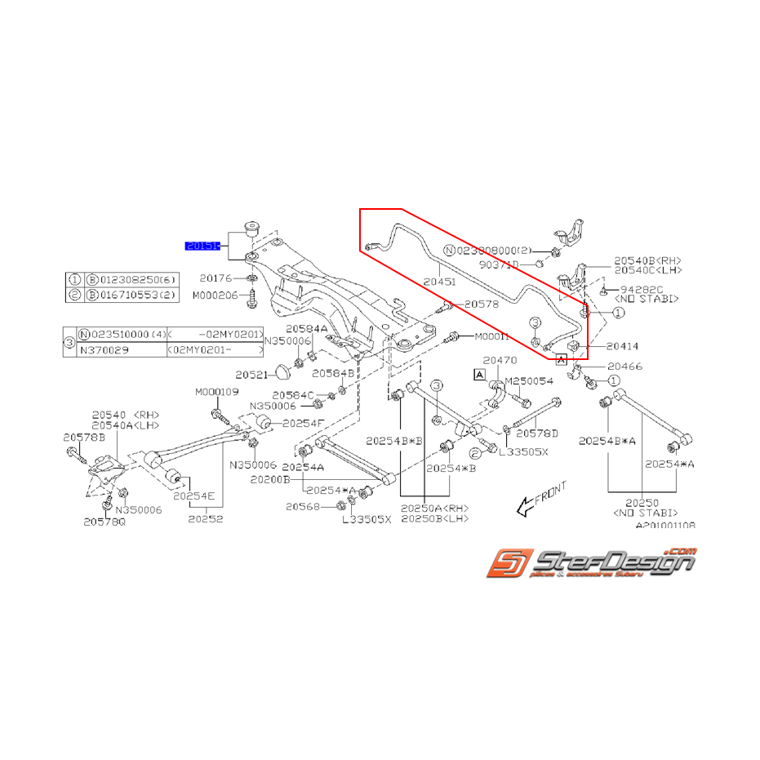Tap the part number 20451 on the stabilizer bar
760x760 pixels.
439,280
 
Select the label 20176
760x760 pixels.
216,278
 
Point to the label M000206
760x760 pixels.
215,295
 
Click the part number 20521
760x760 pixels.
251,375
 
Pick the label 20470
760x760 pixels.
500,360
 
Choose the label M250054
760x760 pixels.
529,381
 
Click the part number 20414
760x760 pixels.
623,347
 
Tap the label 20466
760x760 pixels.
624,367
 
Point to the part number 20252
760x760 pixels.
205,518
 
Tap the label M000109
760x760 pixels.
216,393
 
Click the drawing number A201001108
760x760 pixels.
665,527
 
